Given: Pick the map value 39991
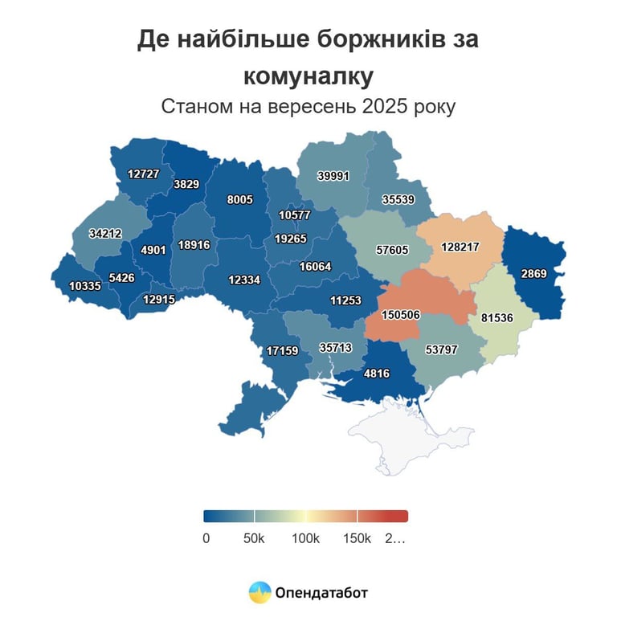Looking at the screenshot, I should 333,176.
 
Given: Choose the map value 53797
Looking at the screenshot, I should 443,349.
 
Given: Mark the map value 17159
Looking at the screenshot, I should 283,350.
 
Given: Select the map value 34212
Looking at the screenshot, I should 106,234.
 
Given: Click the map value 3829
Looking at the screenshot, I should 186,183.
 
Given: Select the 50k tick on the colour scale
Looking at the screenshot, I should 254,538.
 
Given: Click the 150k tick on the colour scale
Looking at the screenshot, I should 357,538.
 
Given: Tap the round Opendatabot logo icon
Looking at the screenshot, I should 259,593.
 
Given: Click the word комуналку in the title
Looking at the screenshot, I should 308,76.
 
